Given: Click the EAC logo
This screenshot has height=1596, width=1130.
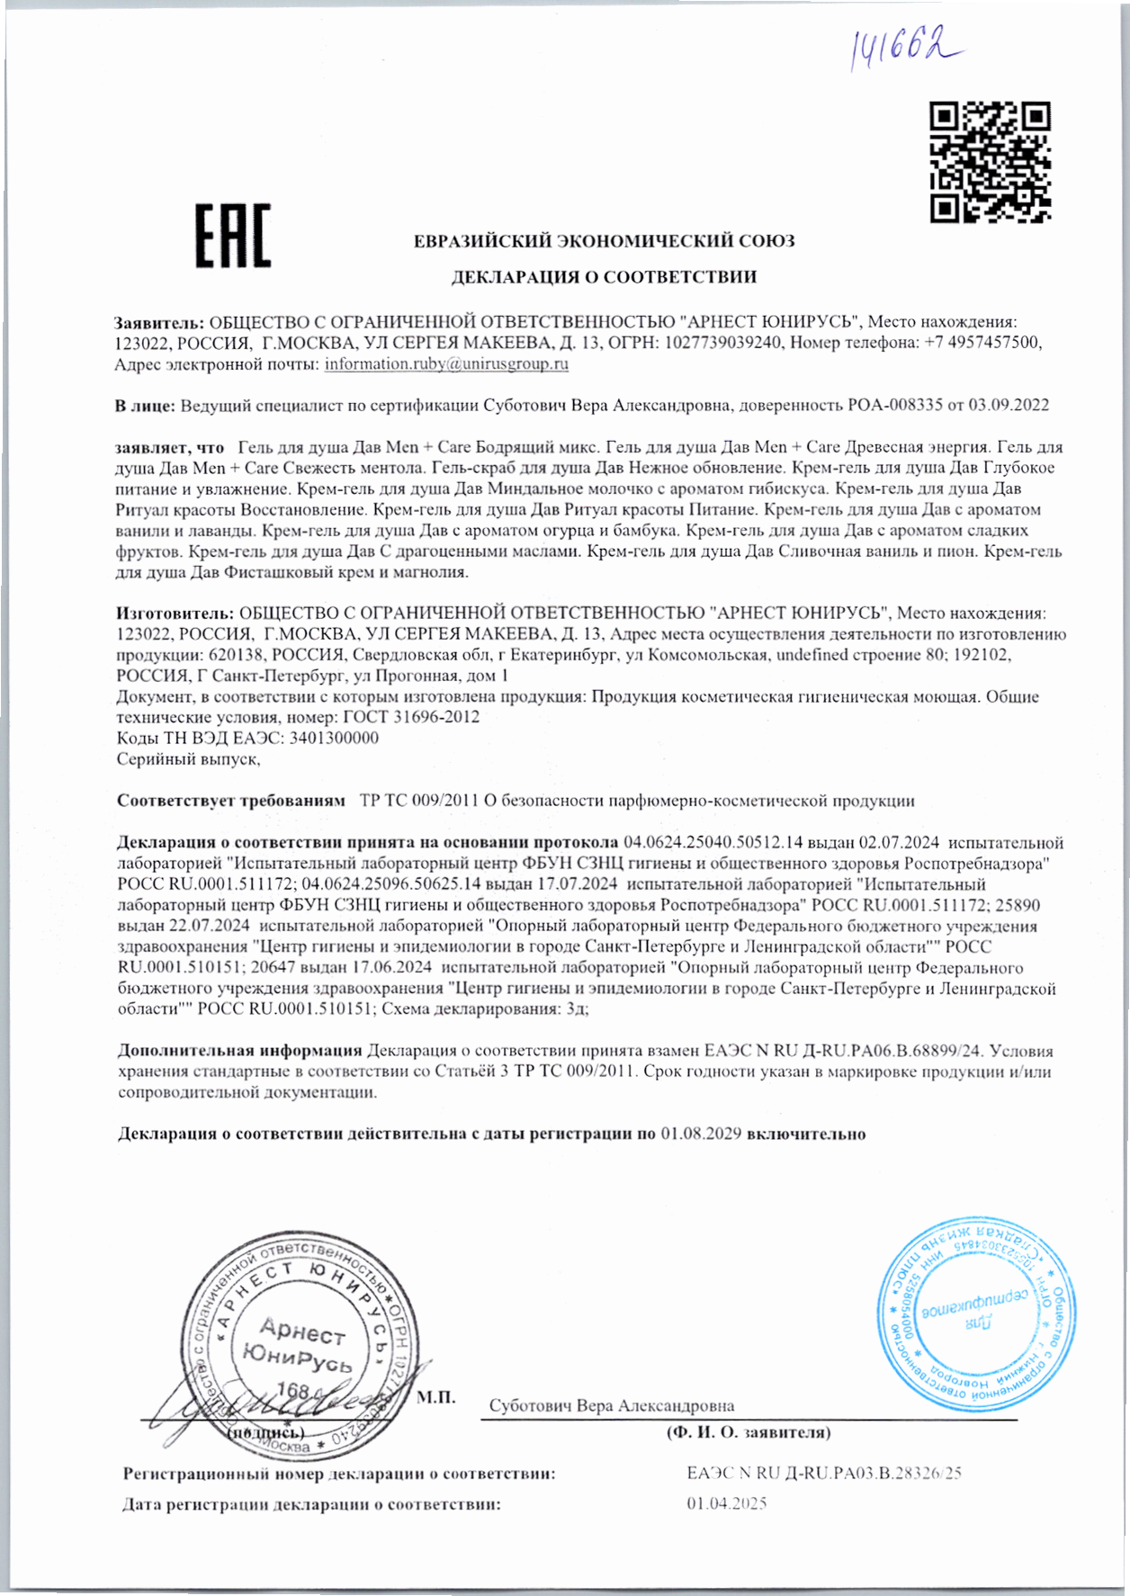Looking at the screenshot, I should point(233,236).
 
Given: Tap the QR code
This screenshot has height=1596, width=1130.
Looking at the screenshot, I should point(990,162).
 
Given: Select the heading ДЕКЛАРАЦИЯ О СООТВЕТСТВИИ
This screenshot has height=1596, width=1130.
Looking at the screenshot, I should point(604,277).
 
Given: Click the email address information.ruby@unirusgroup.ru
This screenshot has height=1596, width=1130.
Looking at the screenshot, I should point(446,364).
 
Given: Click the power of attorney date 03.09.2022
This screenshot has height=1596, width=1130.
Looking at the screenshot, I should point(1008,406).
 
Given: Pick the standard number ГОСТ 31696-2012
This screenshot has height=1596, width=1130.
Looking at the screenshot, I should point(410,717).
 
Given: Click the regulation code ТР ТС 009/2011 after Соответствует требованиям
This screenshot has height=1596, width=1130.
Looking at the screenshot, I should point(418,801).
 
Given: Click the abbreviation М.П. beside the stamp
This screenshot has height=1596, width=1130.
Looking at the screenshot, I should point(437,1397).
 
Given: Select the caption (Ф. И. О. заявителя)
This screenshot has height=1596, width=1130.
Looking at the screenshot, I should point(748,1432).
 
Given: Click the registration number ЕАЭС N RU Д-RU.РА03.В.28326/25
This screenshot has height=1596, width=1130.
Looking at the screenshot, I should point(824,1474).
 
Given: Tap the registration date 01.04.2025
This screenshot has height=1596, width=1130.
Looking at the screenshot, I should point(727,1503).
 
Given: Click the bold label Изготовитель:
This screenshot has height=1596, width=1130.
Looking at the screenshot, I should point(175,614).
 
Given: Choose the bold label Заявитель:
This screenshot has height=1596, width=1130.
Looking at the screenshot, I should point(160,322).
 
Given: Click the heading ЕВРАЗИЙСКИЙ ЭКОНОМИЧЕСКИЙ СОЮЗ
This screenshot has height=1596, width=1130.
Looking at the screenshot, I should point(604,241).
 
